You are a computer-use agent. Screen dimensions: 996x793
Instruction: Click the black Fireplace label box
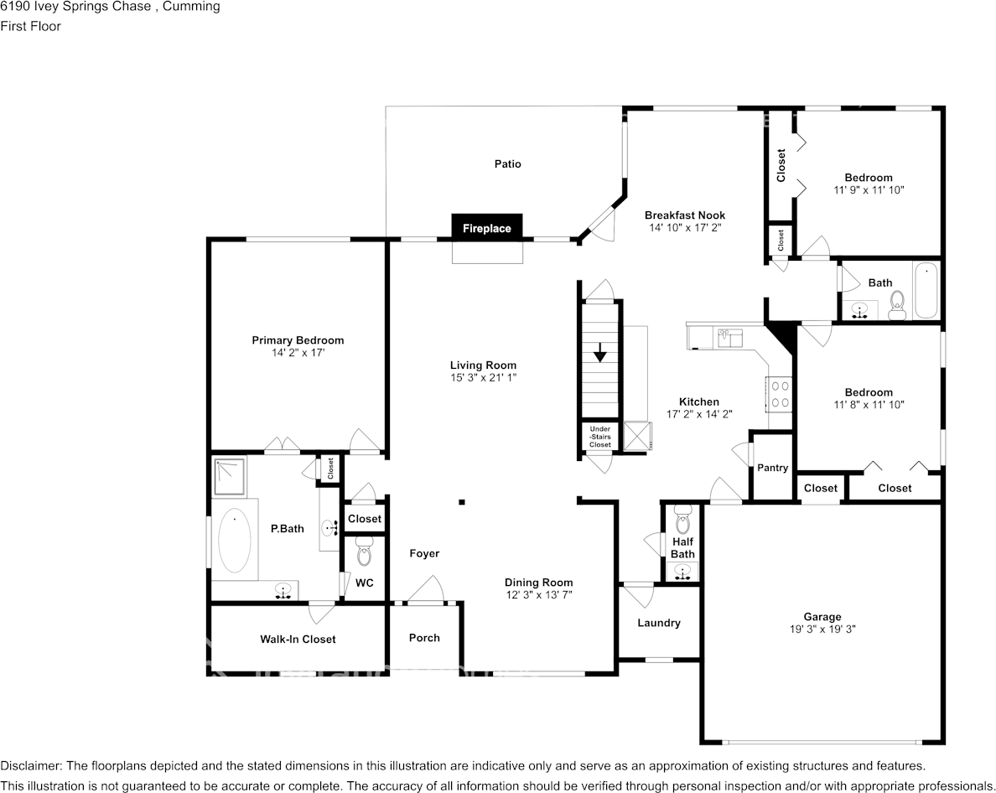pos(486,227)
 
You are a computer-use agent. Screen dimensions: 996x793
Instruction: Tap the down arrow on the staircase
pos(599,352)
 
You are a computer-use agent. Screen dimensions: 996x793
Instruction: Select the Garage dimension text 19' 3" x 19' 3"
pos(822,630)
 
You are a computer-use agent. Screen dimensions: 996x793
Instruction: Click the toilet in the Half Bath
pos(682,519)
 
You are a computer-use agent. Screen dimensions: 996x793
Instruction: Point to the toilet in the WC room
pos(364,551)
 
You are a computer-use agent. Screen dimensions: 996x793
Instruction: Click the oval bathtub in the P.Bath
pos(235,541)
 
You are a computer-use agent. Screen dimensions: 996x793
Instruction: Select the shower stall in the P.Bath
pos(229,476)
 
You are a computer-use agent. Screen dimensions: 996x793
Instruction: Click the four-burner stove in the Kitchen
pos(780,394)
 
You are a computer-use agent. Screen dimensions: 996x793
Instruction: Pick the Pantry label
pos(772,467)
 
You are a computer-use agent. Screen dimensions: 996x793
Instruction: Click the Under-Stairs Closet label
pos(599,437)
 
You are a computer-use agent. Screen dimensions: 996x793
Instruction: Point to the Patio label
pos(507,163)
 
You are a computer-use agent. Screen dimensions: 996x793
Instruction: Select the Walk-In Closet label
pos(298,640)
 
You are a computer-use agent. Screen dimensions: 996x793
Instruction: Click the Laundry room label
pos(659,623)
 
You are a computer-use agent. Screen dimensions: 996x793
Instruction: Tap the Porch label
pos(424,637)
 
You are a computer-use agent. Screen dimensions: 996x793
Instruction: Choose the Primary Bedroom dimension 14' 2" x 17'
pos(298,352)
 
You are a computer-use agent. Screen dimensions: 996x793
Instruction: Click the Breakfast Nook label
pos(685,215)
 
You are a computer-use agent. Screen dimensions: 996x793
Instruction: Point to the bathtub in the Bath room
pos(926,290)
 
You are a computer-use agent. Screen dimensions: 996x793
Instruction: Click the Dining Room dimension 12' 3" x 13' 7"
pos(538,595)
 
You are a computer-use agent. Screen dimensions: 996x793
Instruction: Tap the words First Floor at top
pos(30,26)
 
